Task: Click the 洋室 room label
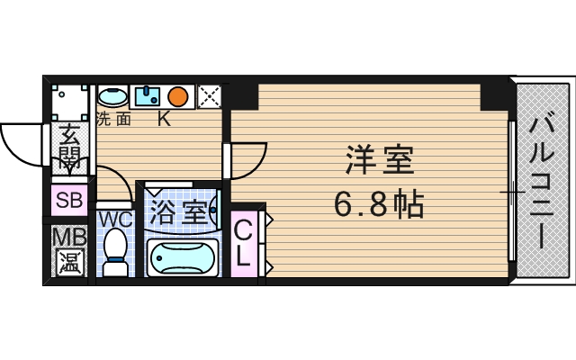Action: point(379,161)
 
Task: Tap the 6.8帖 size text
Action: point(379,206)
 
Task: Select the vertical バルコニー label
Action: point(540,181)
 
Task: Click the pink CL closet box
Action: point(243,243)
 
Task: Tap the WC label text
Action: point(115,219)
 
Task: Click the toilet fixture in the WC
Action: point(115,253)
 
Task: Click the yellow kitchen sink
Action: point(147,94)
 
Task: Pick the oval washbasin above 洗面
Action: point(112,95)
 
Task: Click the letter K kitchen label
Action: point(165,118)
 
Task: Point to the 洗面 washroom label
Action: point(113,118)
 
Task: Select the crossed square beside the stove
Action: point(209,95)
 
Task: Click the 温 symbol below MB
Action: point(67,263)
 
